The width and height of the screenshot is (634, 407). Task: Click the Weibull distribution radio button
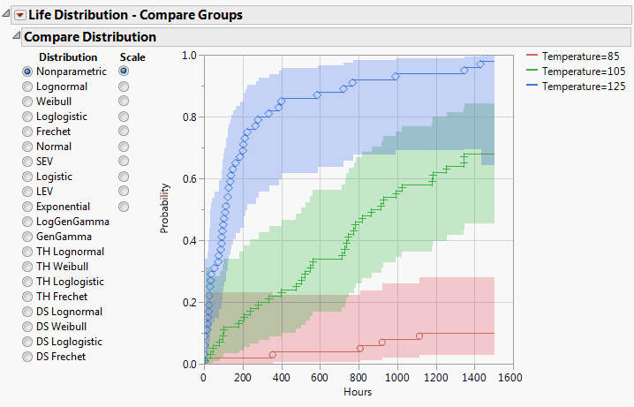(27, 102)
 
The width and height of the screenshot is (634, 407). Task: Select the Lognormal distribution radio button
(27, 87)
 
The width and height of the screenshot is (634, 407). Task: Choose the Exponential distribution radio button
(27, 207)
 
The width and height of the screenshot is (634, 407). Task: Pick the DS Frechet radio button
(27, 357)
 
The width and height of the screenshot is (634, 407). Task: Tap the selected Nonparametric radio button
(27, 72)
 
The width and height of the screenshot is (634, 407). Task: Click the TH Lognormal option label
(70, 252)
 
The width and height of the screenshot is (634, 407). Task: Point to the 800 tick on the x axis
(359, 377)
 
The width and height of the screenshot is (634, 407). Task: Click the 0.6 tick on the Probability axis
(187, 179)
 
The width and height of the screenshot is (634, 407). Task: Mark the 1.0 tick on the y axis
(187, 55)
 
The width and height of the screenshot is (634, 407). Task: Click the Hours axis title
(358, 392)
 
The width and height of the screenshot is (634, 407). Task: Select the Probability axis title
(164, 209)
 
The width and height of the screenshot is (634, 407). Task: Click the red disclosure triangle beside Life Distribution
(19, 15)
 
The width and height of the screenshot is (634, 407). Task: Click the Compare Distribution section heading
(89, 37)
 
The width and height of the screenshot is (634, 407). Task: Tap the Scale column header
(132, 57)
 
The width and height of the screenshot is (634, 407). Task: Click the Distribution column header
(68, 57)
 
